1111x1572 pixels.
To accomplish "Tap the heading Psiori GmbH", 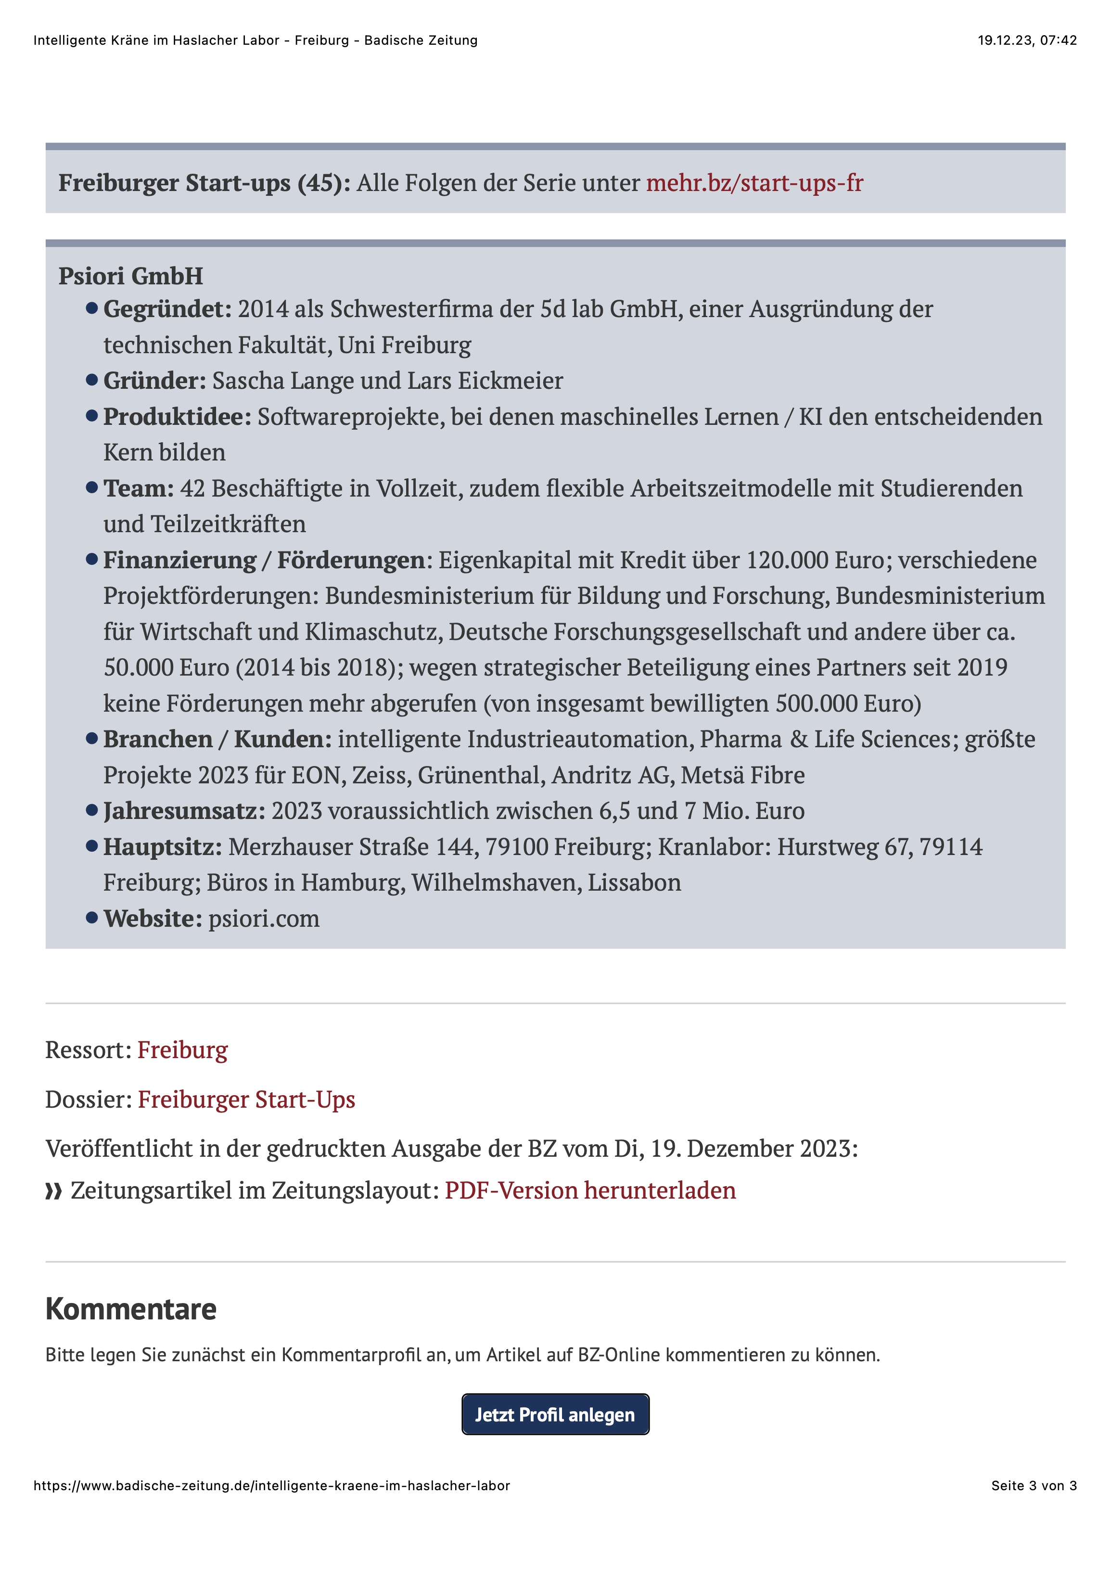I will [131, 276].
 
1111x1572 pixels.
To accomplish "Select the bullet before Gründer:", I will [92, 380].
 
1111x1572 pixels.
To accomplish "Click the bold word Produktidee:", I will [177, 417].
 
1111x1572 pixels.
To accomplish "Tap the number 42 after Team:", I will [192, 489].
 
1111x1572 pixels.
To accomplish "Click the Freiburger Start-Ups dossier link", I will [246, 1099].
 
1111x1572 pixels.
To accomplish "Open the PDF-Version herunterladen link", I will [590, 1190].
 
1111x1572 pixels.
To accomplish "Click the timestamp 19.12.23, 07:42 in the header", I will [1026, 40].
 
